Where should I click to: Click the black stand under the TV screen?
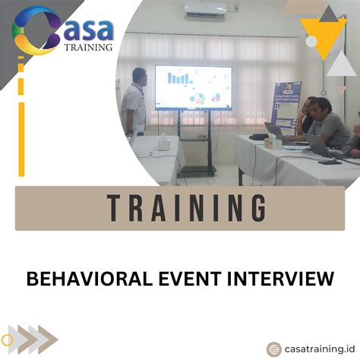195,144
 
